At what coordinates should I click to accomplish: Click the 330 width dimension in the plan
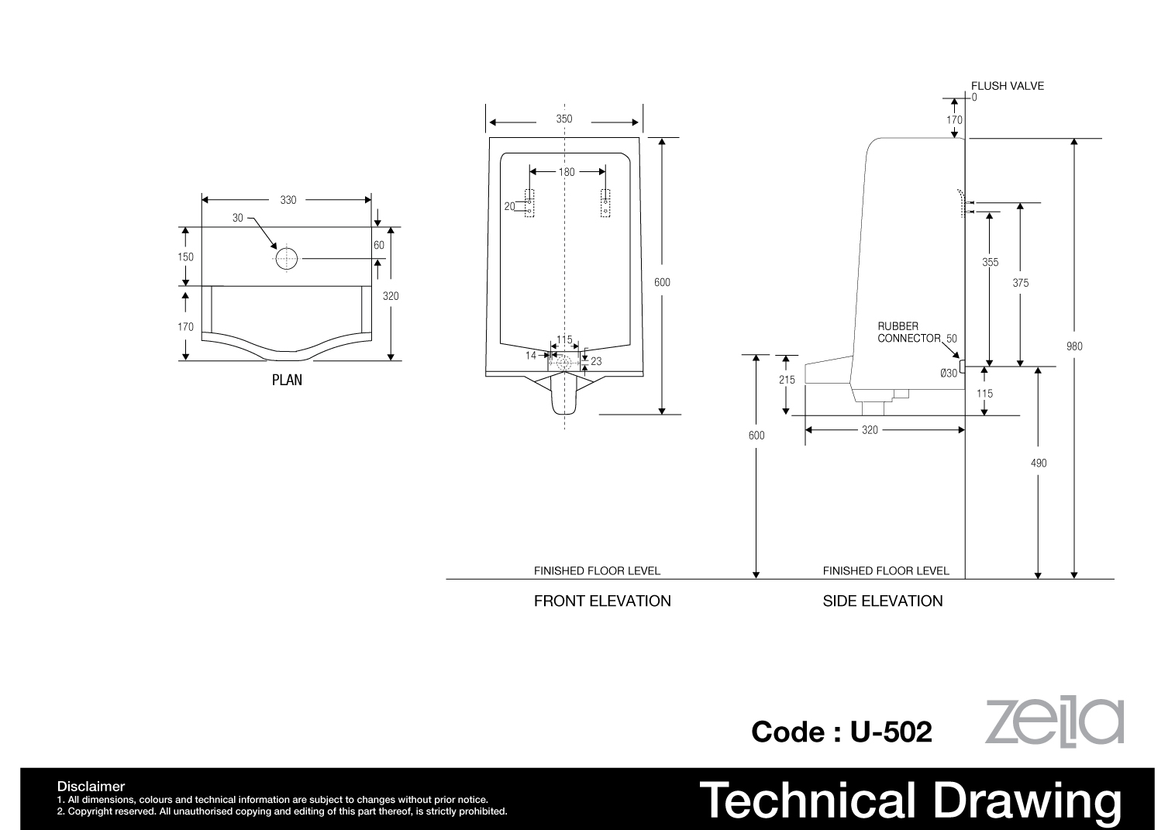point(288,200)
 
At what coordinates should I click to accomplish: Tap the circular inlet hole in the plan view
point(287,259)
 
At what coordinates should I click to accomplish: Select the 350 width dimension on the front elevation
point(564,119)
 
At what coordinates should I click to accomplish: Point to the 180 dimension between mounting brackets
point(567,172)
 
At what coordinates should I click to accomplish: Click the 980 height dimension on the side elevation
point(1074,346)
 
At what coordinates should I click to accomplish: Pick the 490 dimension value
point(1039,463)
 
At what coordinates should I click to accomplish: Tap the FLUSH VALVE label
point(1007,86)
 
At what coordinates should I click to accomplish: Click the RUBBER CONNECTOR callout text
point(909,332)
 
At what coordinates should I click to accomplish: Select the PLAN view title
point(287,380)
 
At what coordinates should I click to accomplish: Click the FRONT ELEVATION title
point(602,601)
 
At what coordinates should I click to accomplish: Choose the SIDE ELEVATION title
point(882,601)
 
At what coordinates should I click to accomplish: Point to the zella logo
point(1054,722)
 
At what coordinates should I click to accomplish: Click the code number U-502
point(891,732)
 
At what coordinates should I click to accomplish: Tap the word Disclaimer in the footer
point(91,787)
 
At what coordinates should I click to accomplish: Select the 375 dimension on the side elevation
point(1020,284)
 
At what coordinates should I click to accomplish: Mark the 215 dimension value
point(787,380)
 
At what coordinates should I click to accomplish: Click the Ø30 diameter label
point(949,373)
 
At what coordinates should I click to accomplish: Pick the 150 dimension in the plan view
point(186,257)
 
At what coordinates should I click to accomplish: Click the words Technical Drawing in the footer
point(910,801)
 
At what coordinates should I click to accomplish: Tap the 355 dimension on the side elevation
point(991,262)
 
